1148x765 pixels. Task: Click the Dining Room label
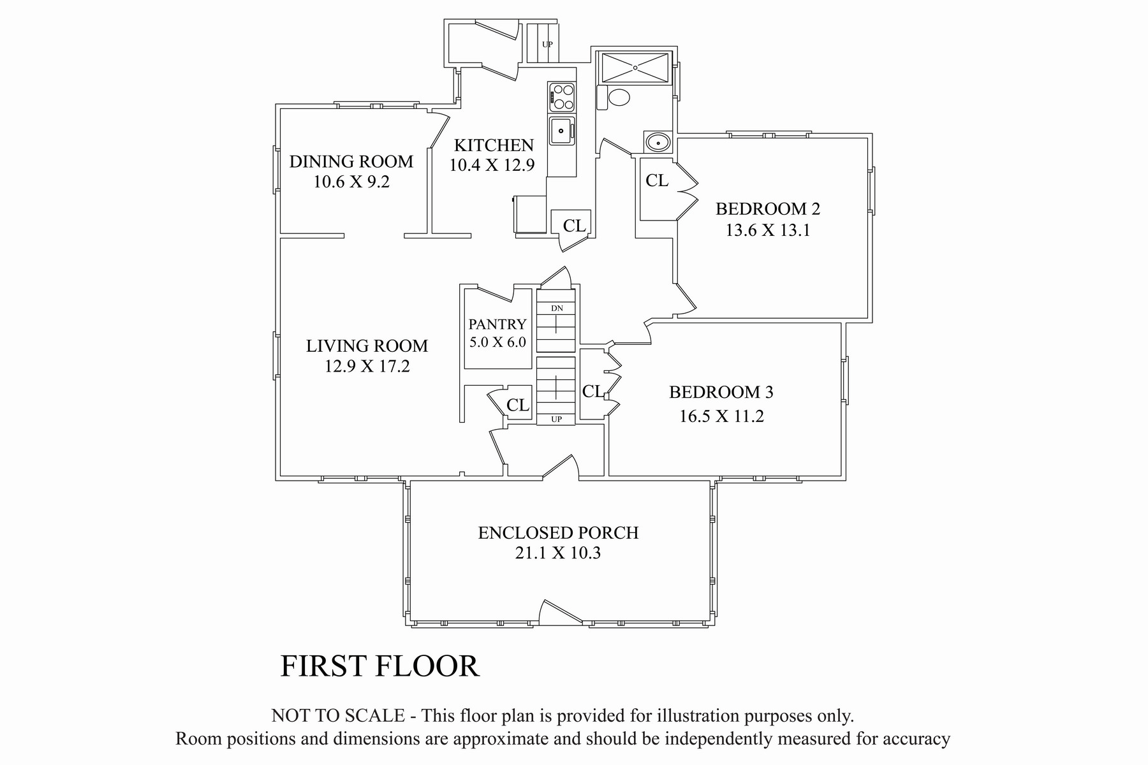pyautogui.click(x=351, y=161)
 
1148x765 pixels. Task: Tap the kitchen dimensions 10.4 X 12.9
pyautogui.click(x=492, y=165)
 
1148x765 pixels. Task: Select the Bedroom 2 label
pyautogui.click(x=768, y=208)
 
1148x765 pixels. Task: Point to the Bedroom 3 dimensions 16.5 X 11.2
pyautogui.click(x=721, y=416)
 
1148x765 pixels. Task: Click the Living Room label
pyautogui.click(x=367, y=346)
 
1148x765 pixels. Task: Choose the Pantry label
pyautogui.click(x=497, y=324)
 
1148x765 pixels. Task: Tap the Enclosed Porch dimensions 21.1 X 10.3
pyautogui.click(x=558, y=553)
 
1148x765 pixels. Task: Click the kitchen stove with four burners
pyautogui.click(x=561, y=98)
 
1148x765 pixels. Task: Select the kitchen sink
pyautogui.click(x=562, y=131)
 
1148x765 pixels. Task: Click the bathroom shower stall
pyautogui.click(x=635, y=67)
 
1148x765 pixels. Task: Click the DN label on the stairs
pyautogui.click(x=557, y=309)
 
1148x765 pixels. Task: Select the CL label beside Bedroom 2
pyautogui.click(x=657, y=180)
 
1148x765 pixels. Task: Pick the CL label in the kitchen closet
pyautogui.click(x=574, y=225)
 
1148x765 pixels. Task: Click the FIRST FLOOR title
pyautogui.click(x=379, y=666)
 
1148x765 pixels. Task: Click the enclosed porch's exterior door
pyautogui.click(x=560, y=611)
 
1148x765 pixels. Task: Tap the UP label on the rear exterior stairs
pyautogui.click(x=547, y=45)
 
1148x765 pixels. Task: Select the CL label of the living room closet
pyautogui.click(x=518, y=405)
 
